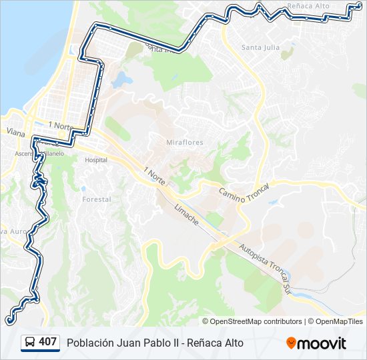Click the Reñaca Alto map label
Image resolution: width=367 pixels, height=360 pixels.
tap(308, 6)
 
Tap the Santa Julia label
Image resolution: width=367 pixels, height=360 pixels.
tap(261, 47)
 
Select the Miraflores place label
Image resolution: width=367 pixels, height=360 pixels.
tap(185, 143)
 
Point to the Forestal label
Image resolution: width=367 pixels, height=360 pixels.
tap(95, 199)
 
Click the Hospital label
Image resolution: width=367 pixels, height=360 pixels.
tap(96, 160)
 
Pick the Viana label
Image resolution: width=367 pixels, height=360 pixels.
tap(15, 132)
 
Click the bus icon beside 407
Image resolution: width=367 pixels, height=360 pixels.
tap(30, 343)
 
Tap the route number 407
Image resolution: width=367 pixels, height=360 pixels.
tap(48, 342)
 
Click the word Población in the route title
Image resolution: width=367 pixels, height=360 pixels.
tap(90, 343)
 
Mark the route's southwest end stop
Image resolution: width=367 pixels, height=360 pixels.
tap(9, 321)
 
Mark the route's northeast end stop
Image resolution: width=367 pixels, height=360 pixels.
tap(359, 6)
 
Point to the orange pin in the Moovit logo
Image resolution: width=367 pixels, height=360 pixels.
tap(291, 343)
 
